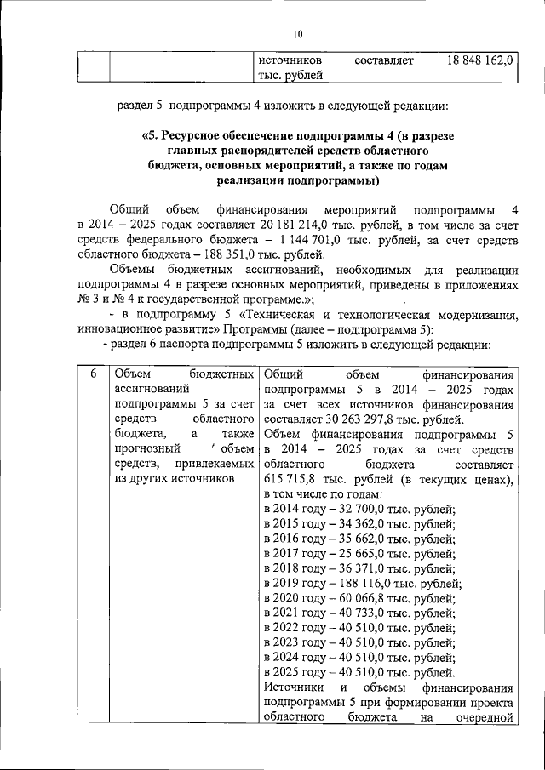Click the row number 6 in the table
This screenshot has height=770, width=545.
[93, 374]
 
